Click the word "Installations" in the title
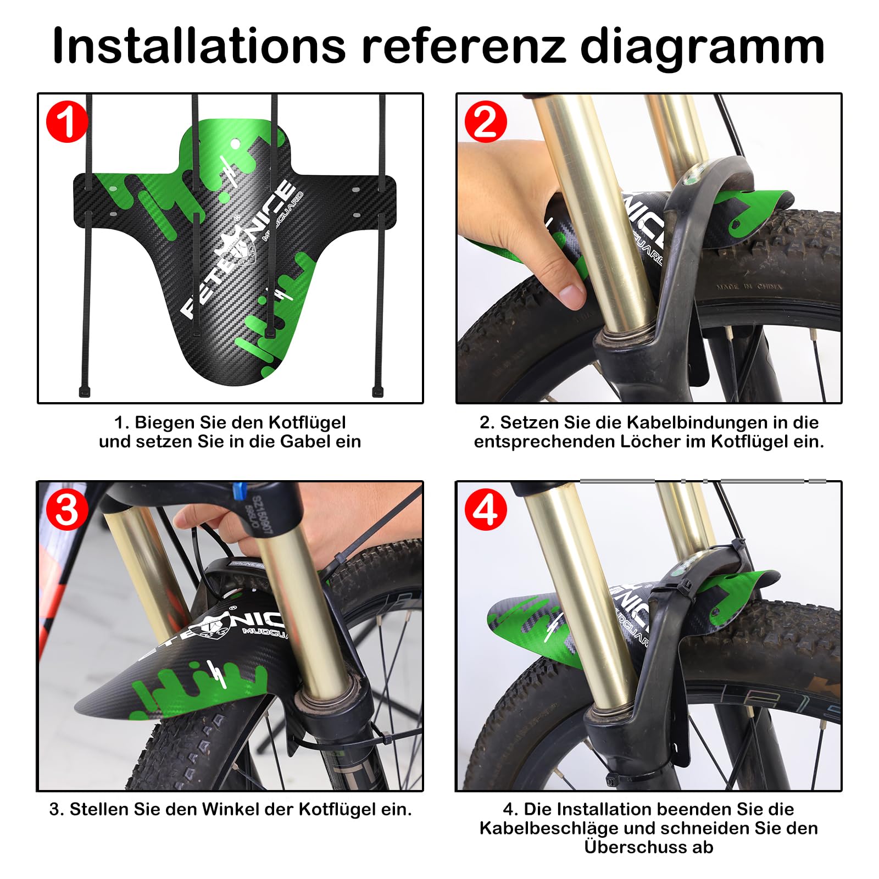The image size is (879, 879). click(x=199, y=46)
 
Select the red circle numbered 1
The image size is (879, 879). click(x=66, y=122)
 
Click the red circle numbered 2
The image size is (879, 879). click(x=486, y=122)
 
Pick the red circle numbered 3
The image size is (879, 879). click(x=66, y=510)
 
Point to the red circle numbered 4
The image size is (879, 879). click(x=486, y=510)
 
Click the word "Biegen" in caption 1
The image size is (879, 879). click(x=165, y=423)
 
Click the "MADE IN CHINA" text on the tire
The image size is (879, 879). click(x=749, y=286)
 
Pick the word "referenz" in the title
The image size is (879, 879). click(x=463, y=46)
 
